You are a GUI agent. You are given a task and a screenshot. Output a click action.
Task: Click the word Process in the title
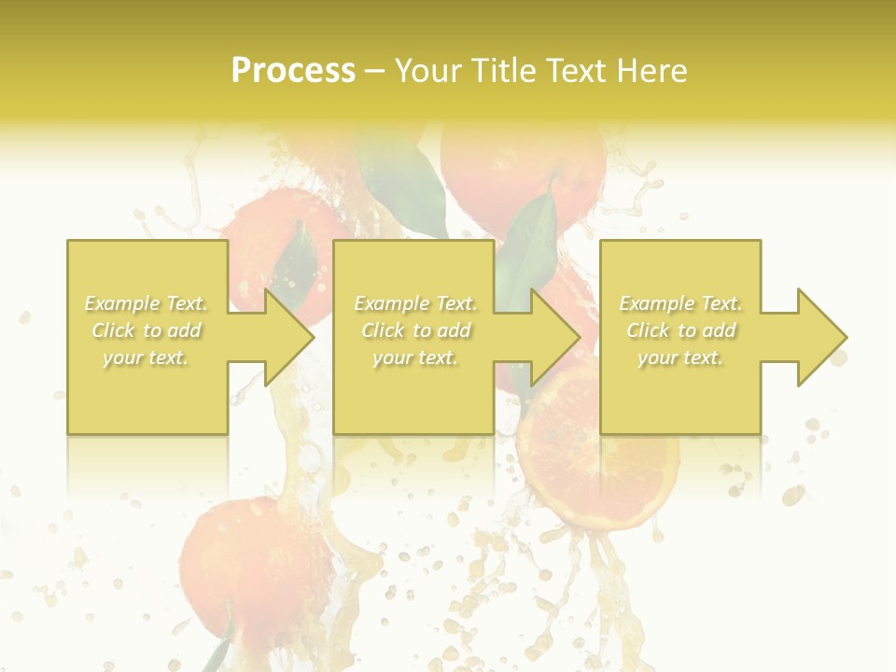coord(293,71)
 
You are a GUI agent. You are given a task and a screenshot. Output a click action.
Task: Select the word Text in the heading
coord(576,71)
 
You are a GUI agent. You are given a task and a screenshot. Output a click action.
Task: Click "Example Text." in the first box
coord(147,303)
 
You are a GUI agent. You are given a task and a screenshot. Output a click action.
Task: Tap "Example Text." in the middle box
coord(415,303)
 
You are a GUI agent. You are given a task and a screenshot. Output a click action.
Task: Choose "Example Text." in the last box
coord(680,303)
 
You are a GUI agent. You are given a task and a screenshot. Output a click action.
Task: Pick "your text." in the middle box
coord(414,357)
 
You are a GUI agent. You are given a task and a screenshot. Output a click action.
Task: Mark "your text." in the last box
coord(679,357)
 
